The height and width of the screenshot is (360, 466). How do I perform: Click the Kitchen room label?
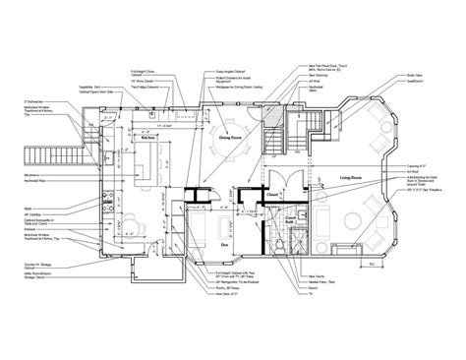(149, 141)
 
